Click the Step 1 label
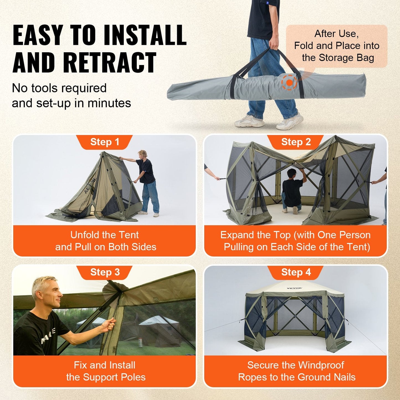105,142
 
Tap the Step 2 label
296,142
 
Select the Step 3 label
105,272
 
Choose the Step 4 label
296,272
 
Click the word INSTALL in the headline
145,35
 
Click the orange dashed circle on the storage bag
289,82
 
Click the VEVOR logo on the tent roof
294,288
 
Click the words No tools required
59,88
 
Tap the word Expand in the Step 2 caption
237,235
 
